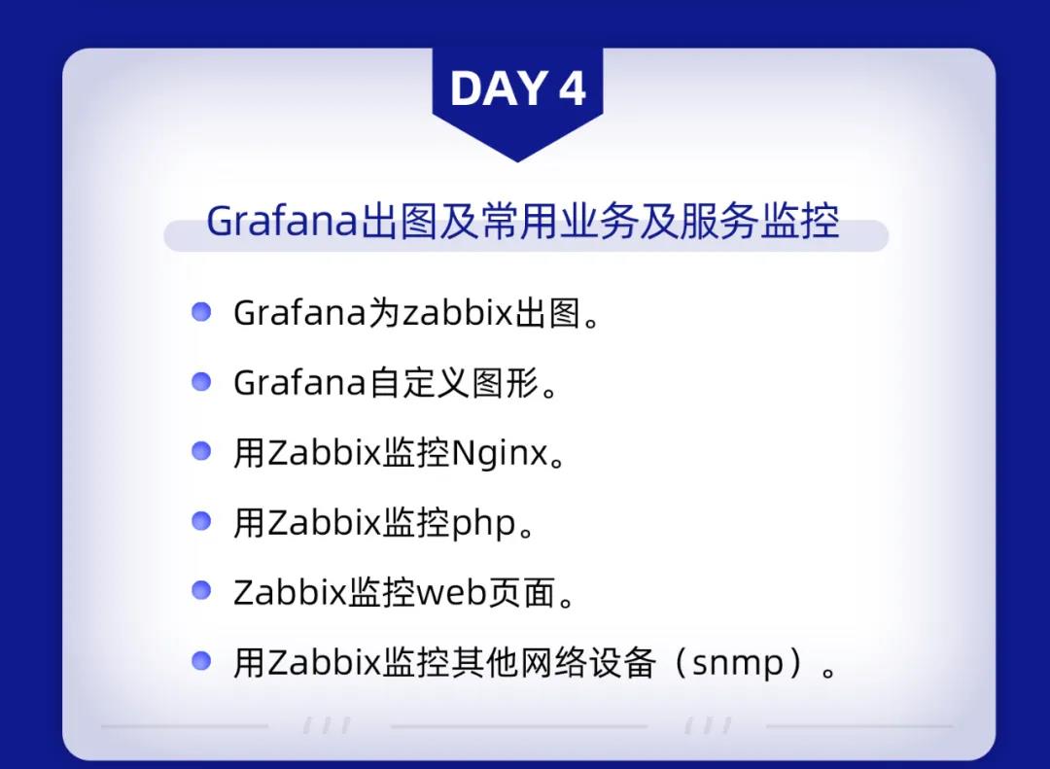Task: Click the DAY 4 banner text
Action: (x=517, y=88)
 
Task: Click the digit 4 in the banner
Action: (x=572, y=88)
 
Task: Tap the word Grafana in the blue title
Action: (x=283, y=221)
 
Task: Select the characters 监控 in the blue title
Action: (x=799, y=221)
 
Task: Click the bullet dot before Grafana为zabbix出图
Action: (x=201, y=311)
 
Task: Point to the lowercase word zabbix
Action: (x=457, y=313)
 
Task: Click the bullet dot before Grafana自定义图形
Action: (x=201, y=381)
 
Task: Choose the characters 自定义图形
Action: (x=453, y=383)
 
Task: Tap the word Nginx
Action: (x=500, y=453)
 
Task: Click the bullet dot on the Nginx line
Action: (x=201, y=451)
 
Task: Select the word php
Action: (x=483, y=524)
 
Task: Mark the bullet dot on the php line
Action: (x=201, y=520)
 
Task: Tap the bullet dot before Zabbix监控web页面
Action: (x=201, y=590)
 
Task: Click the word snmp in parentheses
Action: (x=737, y=663)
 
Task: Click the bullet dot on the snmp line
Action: (x=201, y=661)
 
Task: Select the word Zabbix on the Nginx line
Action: (x=324, y=453)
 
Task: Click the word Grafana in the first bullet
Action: (x=300, y=313)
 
